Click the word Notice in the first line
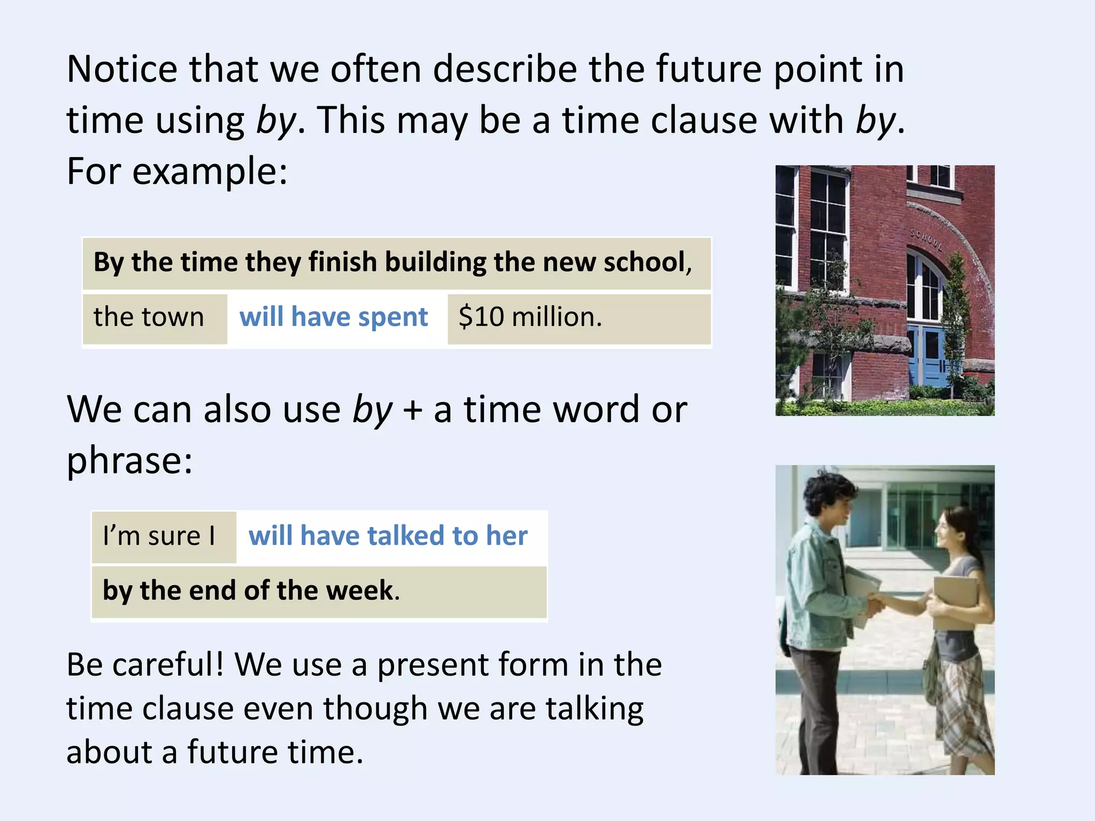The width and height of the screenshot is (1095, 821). click(122, 69)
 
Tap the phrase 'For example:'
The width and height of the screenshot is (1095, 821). click(177, 172)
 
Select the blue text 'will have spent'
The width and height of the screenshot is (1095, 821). click(334, 317)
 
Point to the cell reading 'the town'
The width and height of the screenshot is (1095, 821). click(149, 317)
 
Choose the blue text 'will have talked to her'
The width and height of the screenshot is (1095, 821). click(388, 536)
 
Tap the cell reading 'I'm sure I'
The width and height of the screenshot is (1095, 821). click(159, 536)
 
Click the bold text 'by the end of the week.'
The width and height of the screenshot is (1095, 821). click(251, 591)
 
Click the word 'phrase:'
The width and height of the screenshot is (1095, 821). click(129, 461)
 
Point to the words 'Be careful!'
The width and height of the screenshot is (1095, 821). click(145, 665)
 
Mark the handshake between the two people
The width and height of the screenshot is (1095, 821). click(877, 603)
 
